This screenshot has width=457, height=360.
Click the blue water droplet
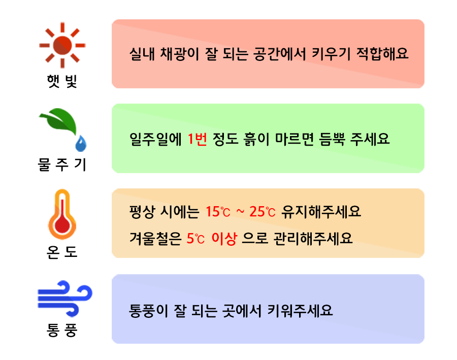pyautogui.click(x=81, y=144)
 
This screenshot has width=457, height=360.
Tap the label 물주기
pyautogui.click(x=62, y=165)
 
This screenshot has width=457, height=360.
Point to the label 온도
pyautogui.click(x=61, y=251)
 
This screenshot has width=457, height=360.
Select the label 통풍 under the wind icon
pyautogui.click(x=61, y=333)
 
